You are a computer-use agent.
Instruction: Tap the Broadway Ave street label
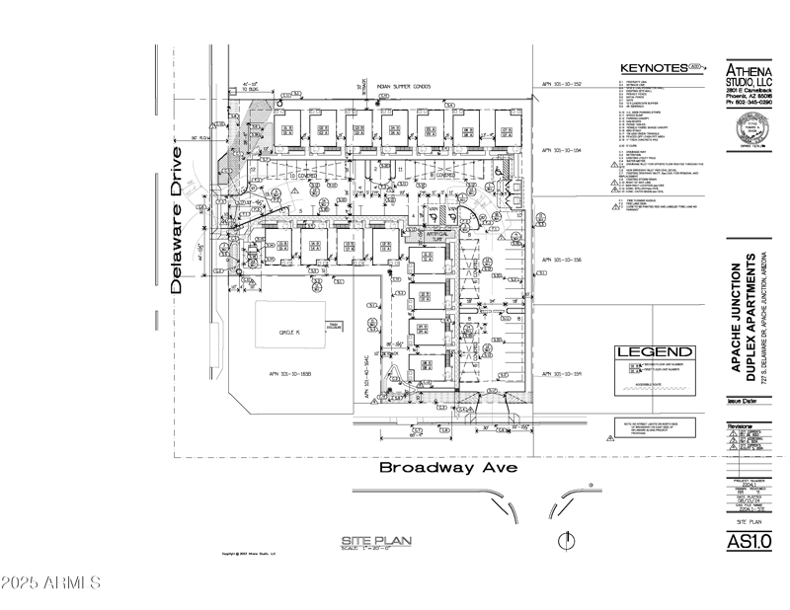click(x=449, y=468)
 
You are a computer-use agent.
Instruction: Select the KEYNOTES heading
click(x=653, y=68)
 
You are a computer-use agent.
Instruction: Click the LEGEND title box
click(x=655, y=351)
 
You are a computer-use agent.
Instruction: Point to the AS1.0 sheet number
click(x=748, y=541)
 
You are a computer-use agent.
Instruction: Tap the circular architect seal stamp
click(x=751, y=128)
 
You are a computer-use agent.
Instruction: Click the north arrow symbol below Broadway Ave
click(x=567, y=540)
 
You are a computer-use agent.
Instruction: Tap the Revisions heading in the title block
click(x=741, y=426)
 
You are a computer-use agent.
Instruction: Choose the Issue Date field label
click(x=741, y=403)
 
